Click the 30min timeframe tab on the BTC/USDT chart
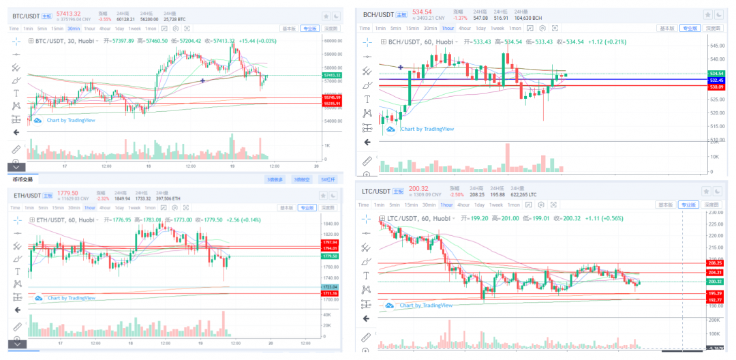click(73, 29)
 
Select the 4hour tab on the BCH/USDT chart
click(464, 28)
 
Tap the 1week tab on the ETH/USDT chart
click(134, 207)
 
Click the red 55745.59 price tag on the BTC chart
click(333, 97)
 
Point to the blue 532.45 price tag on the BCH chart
click(716, 80)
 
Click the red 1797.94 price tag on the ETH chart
click(330, 242)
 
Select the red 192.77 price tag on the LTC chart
click(715, 300)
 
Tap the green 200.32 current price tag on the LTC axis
click(715, 282)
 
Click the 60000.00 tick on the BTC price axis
click(333, 41)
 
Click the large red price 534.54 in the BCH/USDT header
click(422, 12)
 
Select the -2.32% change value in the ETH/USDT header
click(102, 198)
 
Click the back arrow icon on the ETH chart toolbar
click(16, 310)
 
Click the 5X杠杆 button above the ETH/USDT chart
click(328, 179)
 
